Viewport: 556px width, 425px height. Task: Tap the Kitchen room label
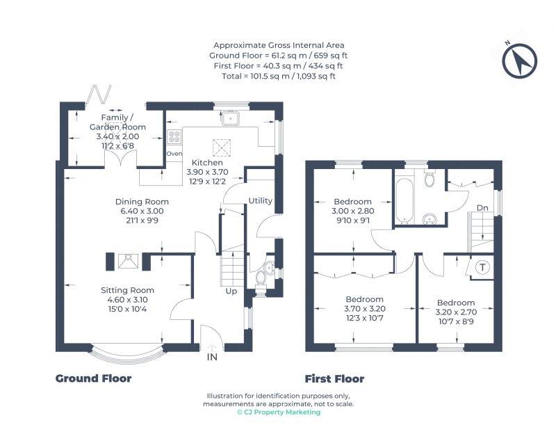pos(207,162)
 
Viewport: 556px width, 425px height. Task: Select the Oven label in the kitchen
pos(174,154)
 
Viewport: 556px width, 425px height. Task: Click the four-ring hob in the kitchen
pos(174,136)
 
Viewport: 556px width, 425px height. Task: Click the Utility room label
pos(260,200)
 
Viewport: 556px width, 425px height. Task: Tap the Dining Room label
pos(142,202)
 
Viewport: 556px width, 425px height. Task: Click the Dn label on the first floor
pos(482,207)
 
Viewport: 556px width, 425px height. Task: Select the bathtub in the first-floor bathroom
pos(404,200)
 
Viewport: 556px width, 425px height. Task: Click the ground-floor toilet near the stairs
pos(261,278)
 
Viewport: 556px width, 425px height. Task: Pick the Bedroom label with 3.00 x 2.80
pos(353,202)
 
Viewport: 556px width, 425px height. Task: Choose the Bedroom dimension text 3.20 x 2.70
pos(455,313)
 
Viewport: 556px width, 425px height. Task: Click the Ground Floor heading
pos(93,378)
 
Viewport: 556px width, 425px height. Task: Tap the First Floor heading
pos(334,379)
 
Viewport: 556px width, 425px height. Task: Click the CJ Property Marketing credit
pos(278,412)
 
